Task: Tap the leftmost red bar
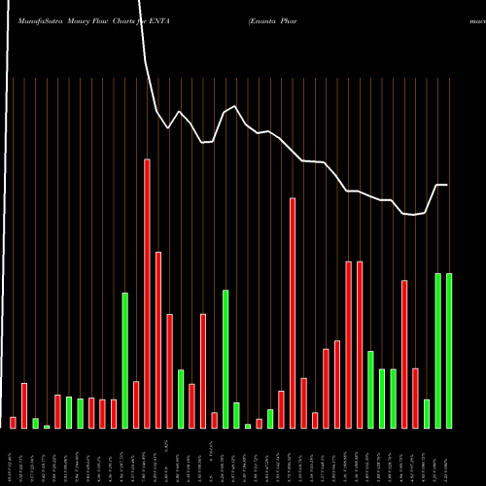(13, 422)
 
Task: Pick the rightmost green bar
(449, 350)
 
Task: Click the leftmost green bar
(35, 423)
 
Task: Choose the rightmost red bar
(415, 398)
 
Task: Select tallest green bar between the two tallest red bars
(226, 359)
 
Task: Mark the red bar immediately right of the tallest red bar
(158, 339)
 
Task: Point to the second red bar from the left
(24, 405)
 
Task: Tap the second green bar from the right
(437, 350)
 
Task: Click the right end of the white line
(448, 185)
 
